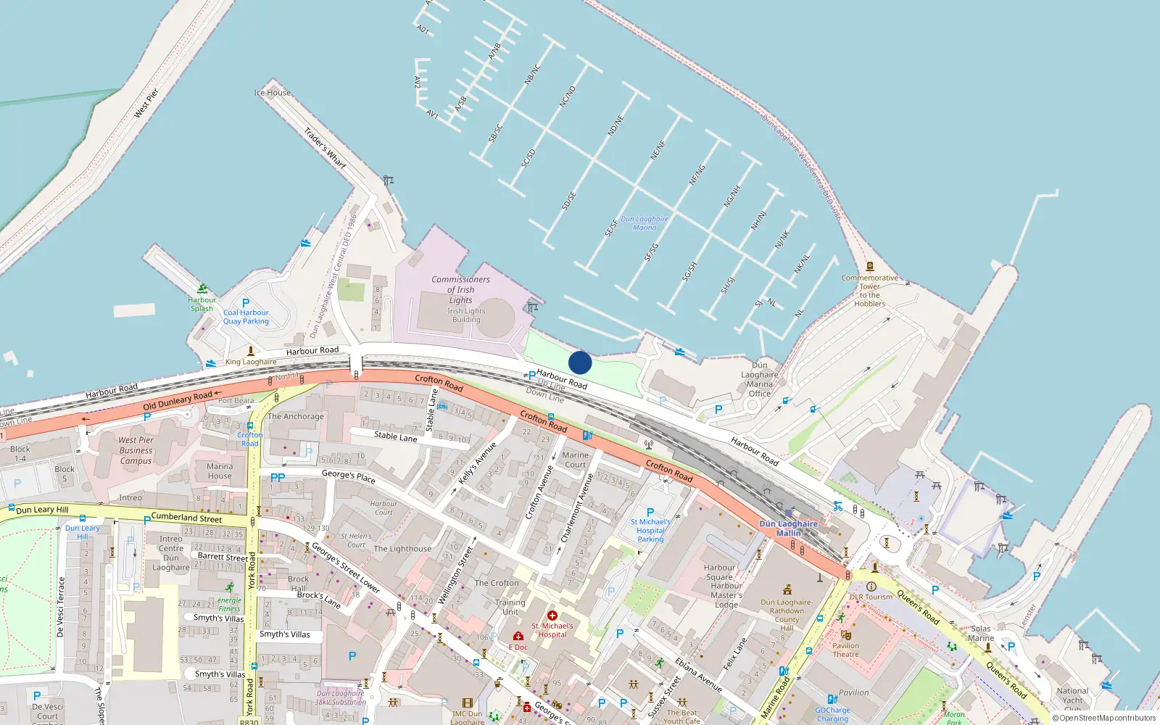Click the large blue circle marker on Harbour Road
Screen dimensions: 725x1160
(x=580, y=362)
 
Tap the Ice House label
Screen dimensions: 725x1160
(x=273, y=93)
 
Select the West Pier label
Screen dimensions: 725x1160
(x=146, y=103)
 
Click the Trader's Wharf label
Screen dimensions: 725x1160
(x=325, y=148)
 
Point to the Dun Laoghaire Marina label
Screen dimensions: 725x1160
(x=645, y=223)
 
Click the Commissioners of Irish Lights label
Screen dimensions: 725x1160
(x=460, y=289)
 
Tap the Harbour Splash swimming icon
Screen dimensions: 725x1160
(x=202, y=289)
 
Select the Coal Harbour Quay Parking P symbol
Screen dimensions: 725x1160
(x=246, y=303)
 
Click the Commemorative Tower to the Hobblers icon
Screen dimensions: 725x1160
(x=870, y=267)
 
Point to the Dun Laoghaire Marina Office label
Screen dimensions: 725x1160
(x=759, y=379)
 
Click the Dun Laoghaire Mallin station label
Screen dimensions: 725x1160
(x=788, y=528)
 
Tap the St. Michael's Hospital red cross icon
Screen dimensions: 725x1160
(x=552, y=616)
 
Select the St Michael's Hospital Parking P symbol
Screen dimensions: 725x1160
(x=650, y=513)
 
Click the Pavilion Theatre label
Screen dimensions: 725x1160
(x=845, y=650)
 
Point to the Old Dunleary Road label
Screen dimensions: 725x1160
(x=178, y=400)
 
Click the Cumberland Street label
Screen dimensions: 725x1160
(x=186, y=518)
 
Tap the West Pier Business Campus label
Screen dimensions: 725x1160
(x=136, y=450)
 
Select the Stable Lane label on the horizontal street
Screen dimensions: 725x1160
(x=395, y=436)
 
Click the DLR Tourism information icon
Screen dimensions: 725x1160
(x=871, y=587)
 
